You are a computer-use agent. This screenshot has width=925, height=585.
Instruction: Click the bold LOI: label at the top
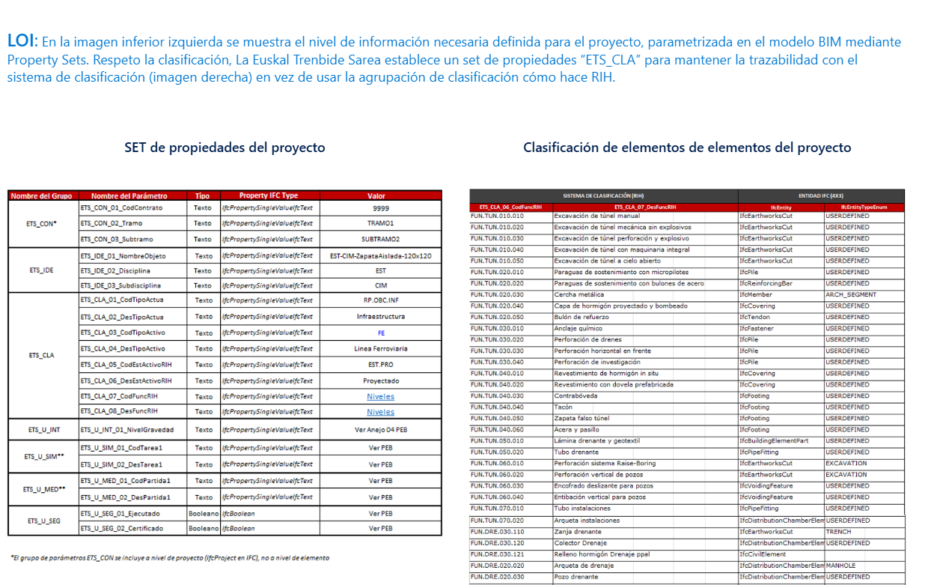(x=22, y=40)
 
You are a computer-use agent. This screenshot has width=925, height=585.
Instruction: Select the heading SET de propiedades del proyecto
(x=225, y=148)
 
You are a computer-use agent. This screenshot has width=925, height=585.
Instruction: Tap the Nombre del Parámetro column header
(x=124, y=196)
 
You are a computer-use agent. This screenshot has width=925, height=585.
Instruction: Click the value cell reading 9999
(x=380, y=207)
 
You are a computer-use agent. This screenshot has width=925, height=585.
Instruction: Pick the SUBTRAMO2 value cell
(x=380, y=240)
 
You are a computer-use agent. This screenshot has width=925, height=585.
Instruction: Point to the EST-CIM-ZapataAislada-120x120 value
(x=380, y=256)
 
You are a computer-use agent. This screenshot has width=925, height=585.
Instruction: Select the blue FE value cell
(x=380, y=333)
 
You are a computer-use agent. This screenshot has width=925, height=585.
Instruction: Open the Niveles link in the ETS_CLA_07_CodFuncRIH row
(x=380, y=396)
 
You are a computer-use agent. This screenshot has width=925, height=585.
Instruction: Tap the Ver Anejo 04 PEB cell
(x=380, y=430)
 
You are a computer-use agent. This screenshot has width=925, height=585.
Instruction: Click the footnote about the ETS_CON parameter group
(x=169, y=558)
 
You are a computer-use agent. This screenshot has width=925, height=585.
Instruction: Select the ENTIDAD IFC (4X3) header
(x=821, y=195)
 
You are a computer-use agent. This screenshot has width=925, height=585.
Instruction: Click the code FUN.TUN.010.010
(x=497, y=216)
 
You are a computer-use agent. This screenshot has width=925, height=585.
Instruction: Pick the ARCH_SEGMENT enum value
(x=850, y=294)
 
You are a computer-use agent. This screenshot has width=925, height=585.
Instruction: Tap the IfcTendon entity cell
(x=754, y=317)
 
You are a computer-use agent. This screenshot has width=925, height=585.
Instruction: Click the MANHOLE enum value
(x=841, y=566)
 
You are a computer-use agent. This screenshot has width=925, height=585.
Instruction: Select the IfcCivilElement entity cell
(x=763, y=554)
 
